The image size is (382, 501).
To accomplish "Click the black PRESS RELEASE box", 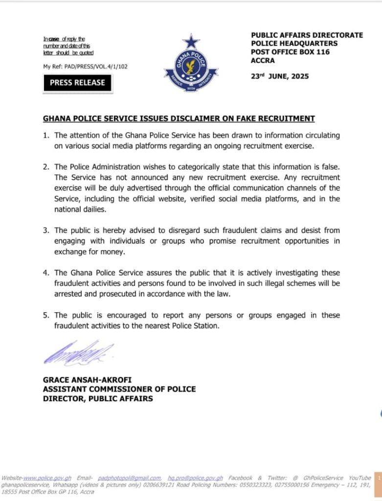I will pyautogui.click(x=77, y=83).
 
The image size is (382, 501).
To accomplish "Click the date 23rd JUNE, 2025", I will pyautogui.click(x=280, y=76).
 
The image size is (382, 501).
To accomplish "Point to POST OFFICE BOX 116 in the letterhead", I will pyautogui.click(x=290, y=52).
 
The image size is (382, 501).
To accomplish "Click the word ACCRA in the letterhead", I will pyautogui.click(x=263, y=61).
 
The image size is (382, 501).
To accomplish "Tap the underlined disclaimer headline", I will pyautogui.click(x=179, y=118).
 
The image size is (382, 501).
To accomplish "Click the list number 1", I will pyautogui.click(x=45, y=135).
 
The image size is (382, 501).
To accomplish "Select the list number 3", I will pyautogui.click(x=45, y=230).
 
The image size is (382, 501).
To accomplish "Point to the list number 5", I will pyautogui.click(x=45, y=316).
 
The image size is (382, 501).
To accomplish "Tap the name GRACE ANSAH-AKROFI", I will pyautogui.click(x=87, y=379).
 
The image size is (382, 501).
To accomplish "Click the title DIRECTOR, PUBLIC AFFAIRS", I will pyautogui.click(x=98, y=399).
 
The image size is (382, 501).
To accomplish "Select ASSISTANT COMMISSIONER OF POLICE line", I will pyautogui.click(x=119, y=389).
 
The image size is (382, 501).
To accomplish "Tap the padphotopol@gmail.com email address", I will pyautogui.click(x=129, y=478).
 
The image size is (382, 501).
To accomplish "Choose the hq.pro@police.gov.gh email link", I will pyautogui.click(x=195, y=478).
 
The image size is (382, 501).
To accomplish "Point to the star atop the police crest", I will pyautogui.click(x=191, y=41).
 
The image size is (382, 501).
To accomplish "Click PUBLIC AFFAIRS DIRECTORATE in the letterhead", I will pyautogui.click(x=307, y=35).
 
